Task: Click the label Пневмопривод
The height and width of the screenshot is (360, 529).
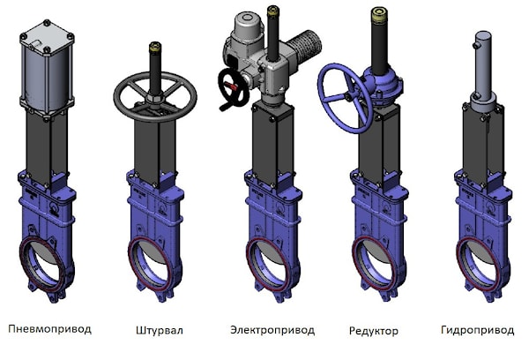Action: [50, 329]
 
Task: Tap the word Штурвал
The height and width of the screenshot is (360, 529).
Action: [160, 330]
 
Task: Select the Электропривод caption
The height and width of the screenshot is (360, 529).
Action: [272, 330]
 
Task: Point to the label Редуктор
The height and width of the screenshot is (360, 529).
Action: [374, 331]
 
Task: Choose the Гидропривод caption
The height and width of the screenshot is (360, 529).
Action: [477, 330]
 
